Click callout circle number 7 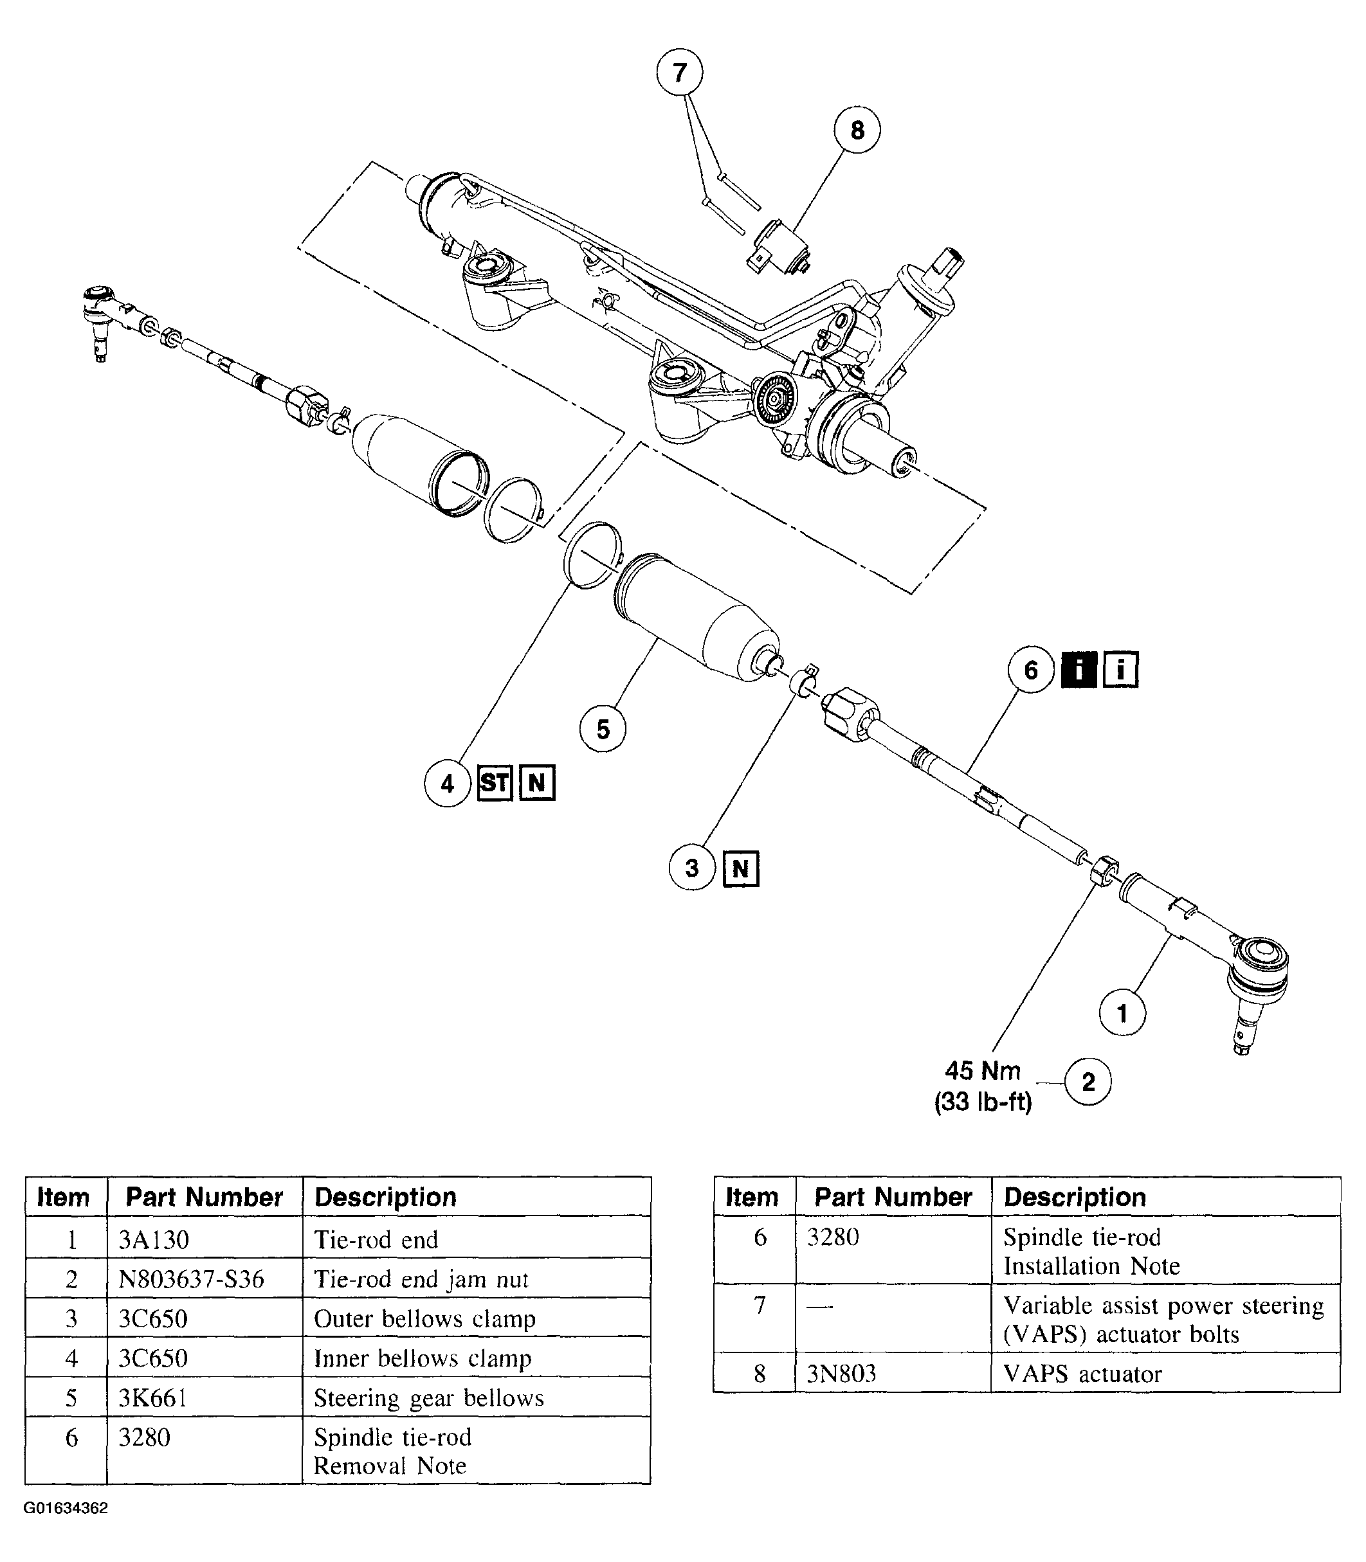(679, 73)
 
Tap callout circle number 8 (857, 130)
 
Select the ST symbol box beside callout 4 (495, 782)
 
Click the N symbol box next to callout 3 (740, 868)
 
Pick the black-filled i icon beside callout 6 (1079, 670)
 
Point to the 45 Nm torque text (983, 1070)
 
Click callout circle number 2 (1088, 1082)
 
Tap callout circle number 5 (603, 729)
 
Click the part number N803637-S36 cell (192, 1279)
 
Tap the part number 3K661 (152, 1397)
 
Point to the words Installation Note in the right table (1091, 1266)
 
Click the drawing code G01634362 (66, 1508)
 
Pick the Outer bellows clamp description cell (424, 1318)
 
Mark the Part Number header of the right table (893, 1197)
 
